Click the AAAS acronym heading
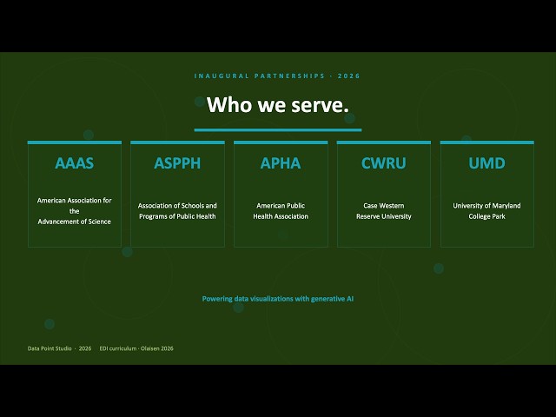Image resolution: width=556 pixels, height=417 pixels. coord(75,163)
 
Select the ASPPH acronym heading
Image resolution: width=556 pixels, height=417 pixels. coord(177,163)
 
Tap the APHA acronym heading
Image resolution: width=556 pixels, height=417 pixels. coord(281,163)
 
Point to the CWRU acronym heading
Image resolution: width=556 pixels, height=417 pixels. coord(384,163)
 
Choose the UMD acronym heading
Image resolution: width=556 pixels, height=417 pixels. coord(486,163)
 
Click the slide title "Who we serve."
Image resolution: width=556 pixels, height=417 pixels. coord(278,105)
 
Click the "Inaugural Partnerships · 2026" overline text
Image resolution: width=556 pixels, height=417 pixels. coord(277,76)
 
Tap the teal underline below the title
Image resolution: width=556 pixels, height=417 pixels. coord(278,130)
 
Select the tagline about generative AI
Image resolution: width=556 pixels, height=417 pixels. coord(278,299)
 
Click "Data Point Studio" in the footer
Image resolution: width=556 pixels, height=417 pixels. coord(50,348)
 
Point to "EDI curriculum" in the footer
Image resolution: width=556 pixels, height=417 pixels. coord(118,348)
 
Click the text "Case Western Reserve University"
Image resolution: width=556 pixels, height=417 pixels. coord(384,211)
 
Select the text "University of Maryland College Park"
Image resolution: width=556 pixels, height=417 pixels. coord(486,211)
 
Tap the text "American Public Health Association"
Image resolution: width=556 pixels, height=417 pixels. coord(281,211)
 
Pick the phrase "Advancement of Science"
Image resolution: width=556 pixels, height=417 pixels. coord(75,222)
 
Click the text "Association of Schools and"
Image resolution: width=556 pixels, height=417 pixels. coord(177,206)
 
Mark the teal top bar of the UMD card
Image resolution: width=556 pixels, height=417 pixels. coord(486,142)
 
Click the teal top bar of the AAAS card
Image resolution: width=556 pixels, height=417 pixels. coord(75,142)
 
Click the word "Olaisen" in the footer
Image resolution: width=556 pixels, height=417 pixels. coord(149,348)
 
